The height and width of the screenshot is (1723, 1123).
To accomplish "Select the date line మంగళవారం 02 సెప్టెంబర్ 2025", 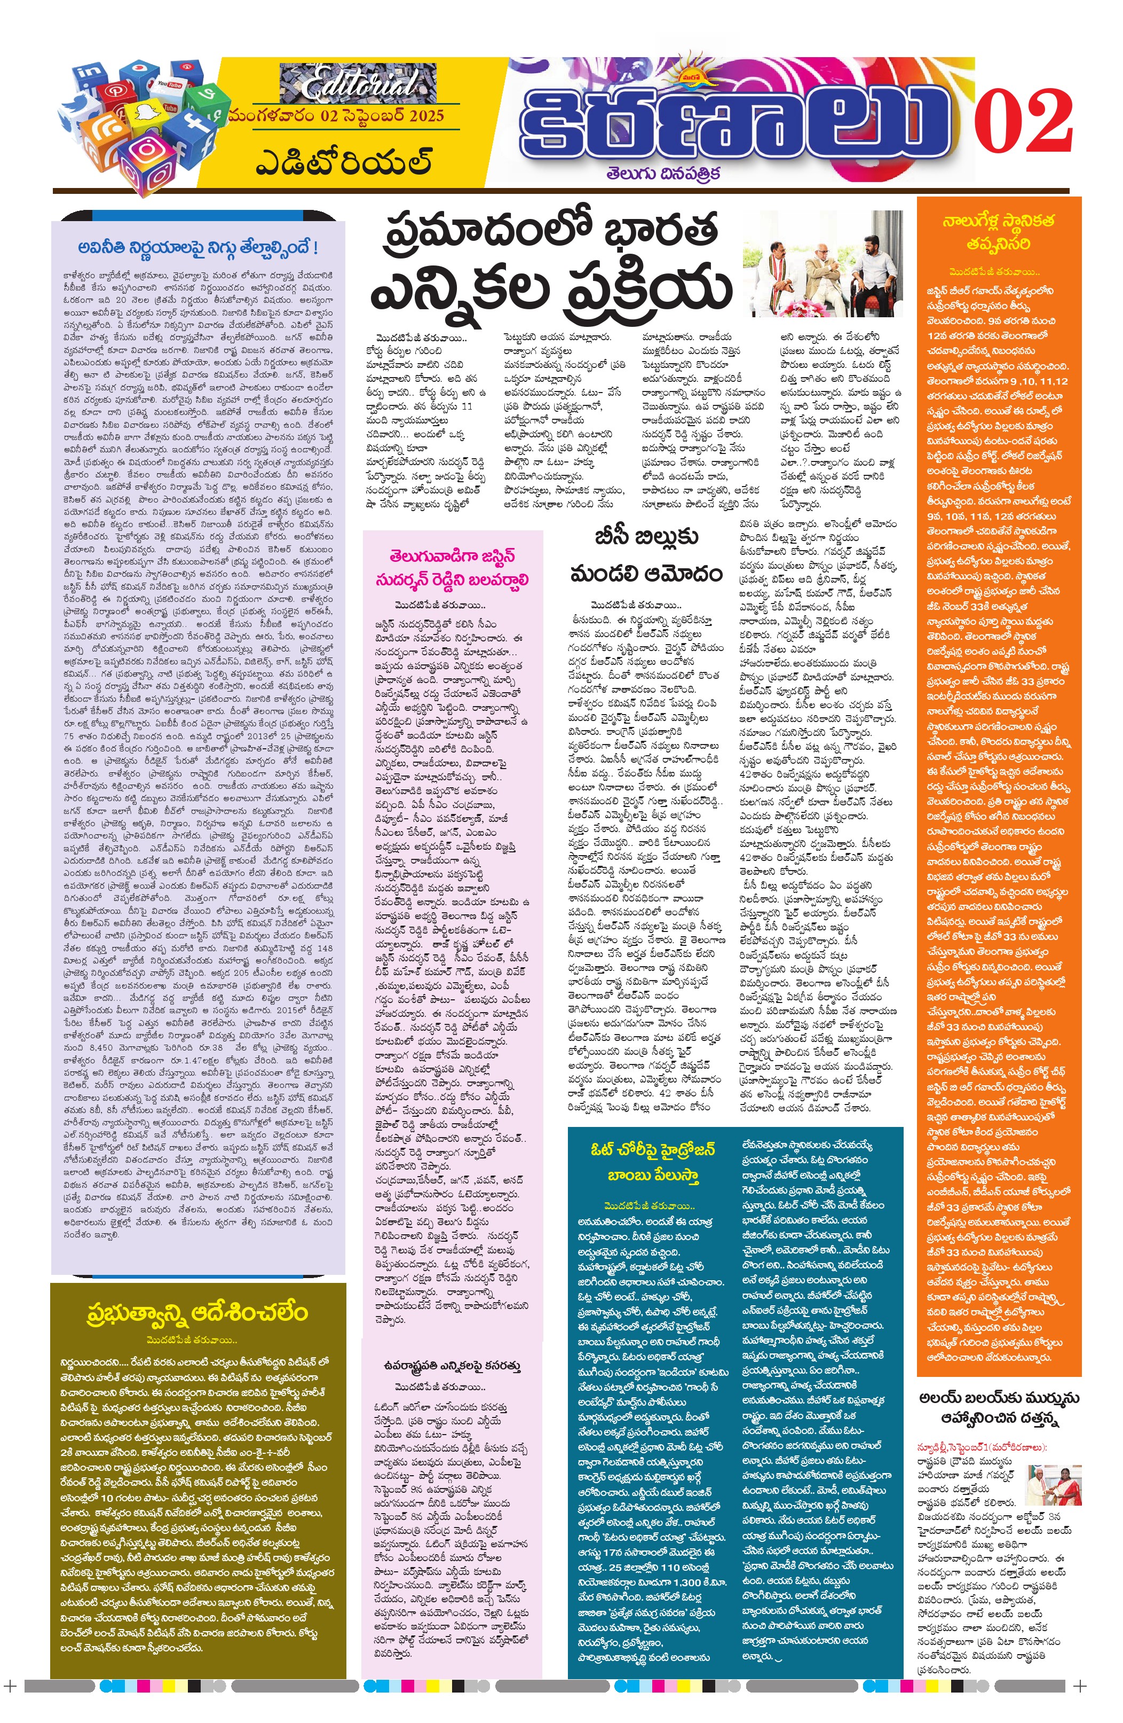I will point(336,115).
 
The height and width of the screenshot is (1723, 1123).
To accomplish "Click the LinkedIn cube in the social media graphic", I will point(93,75).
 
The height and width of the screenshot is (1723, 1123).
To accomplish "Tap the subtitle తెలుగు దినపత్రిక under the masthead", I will point(663,174).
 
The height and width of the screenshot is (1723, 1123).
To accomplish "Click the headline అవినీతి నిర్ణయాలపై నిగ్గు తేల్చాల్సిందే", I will point(197,248).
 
